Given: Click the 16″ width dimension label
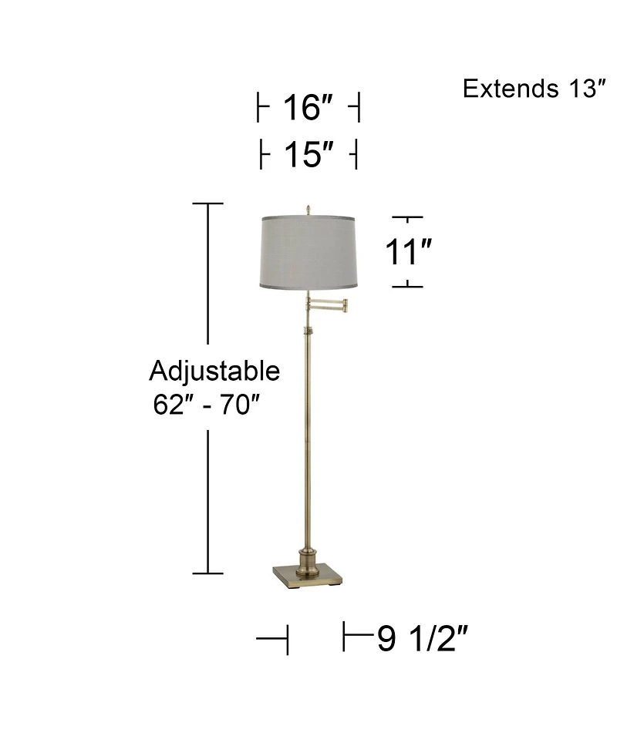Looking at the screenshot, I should (307, 109).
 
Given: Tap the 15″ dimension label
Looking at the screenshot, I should (307, 156).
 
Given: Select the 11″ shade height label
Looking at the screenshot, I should (408, 252).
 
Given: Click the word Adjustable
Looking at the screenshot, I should (214, 371).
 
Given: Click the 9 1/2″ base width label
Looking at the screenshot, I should (423, 639).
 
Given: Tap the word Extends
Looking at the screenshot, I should (504, 89).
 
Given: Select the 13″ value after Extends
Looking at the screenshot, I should (579, 89).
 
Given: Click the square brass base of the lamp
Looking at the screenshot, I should (307, 575).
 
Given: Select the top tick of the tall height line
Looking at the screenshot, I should (207, 203).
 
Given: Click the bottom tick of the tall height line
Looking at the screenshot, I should (207, 573).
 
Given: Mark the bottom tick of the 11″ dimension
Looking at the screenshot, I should (408, 287).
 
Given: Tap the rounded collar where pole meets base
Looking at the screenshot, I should (307, 556).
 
